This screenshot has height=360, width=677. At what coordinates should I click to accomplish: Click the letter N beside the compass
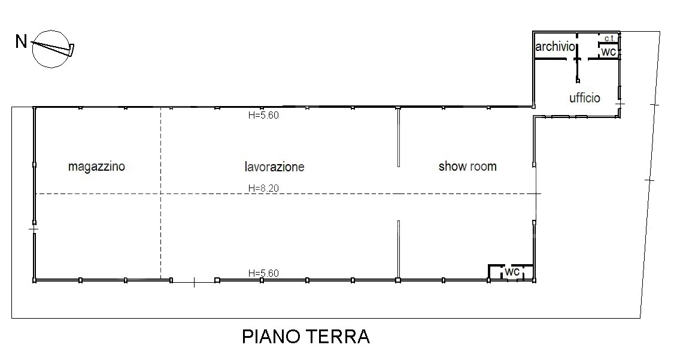coord(21,41)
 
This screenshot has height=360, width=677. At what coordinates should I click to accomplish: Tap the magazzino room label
coord(97,167)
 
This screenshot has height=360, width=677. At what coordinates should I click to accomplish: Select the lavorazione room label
coord(275,167)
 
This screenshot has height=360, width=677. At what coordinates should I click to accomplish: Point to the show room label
coord(467,167)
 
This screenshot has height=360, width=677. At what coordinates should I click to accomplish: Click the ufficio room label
coord(585,98)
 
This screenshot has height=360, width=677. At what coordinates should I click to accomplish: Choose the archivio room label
coord(555,47)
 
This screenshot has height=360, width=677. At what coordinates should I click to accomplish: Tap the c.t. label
coord(609,38)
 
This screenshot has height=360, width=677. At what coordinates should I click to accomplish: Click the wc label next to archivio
coord(609,52)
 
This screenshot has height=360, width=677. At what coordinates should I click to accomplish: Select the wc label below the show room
coord(512,272)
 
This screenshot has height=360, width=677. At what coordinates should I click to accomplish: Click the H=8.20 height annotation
coord(263,188)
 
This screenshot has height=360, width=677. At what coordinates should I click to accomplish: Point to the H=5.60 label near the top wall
coord(263,115)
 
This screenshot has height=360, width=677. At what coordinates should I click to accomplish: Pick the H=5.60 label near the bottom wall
coord(263,273)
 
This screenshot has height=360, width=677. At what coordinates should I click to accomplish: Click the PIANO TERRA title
coord(306,337)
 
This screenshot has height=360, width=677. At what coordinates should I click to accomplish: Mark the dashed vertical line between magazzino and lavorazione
coord(160,193)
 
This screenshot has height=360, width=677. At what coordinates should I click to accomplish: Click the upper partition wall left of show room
coord(399,137)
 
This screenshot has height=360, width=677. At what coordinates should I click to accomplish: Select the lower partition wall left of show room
coord(399,250)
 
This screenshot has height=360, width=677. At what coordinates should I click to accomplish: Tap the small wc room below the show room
coord(511,273)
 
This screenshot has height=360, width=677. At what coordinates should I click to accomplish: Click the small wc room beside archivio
coord(609,51)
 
